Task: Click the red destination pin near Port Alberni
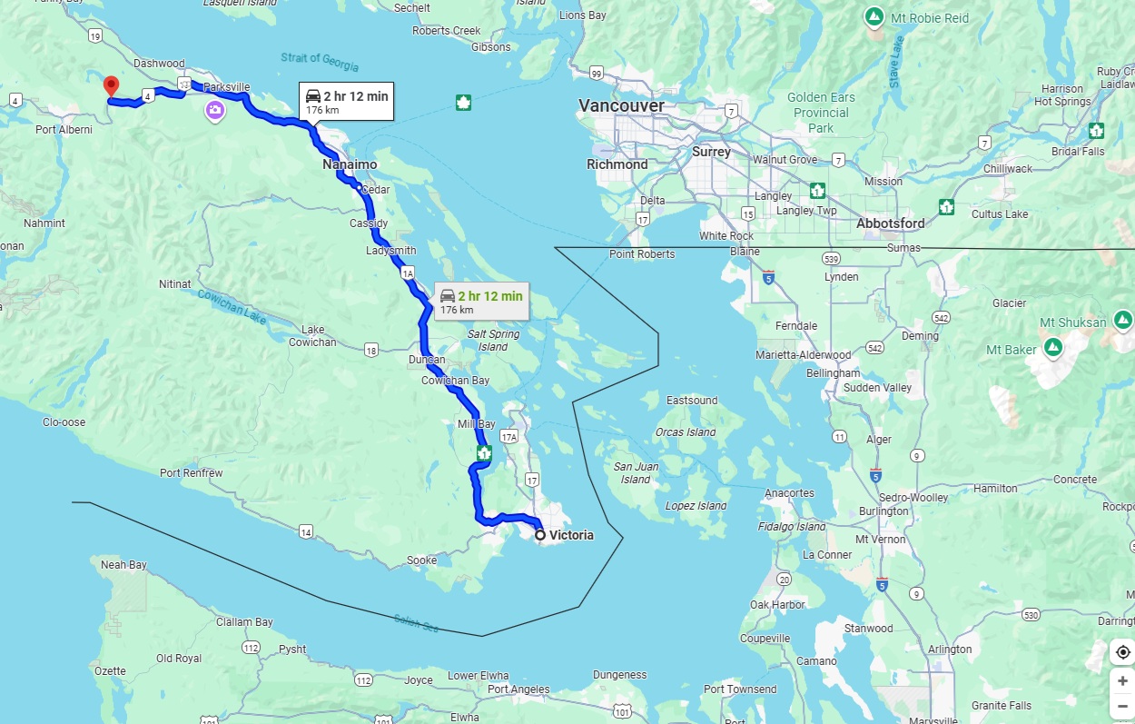point(111,86)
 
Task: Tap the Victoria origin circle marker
point(540,535)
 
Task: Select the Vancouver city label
point(621,106)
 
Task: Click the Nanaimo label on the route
point(349,164)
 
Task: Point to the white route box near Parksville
point(346,101)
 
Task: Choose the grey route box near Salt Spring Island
point(481,302)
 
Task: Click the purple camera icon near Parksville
point(215,111)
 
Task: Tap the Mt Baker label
point(1012,350)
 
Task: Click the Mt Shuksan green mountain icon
point(1123,320)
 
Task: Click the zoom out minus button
point(1122,705)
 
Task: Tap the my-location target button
point(1122,652)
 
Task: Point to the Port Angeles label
point(518,689)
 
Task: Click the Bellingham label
point(833,373)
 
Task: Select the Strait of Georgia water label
point(320,62)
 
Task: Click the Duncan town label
point(427,360)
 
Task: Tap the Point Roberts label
point(642,254)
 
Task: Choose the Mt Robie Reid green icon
point(873,17)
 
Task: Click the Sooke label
point(421,560)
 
